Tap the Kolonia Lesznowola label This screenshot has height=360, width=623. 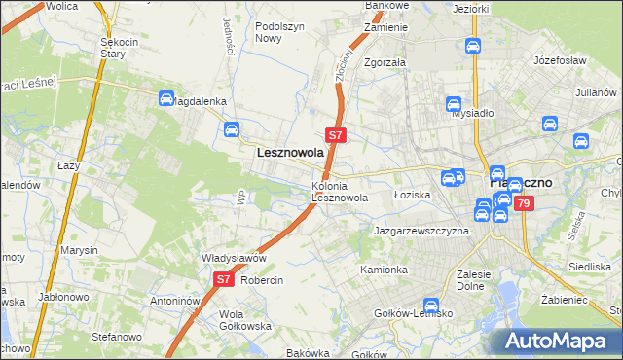339,192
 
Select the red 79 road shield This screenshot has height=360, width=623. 524,203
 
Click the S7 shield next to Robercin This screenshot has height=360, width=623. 223,279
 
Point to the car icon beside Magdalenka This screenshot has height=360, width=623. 165,98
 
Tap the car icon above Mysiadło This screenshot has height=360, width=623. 453,105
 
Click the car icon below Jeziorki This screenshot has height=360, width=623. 472,46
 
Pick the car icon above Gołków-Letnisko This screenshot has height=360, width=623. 431,306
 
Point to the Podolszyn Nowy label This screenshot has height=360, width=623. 275,33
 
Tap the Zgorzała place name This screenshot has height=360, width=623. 385,61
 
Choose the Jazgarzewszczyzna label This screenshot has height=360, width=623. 421,231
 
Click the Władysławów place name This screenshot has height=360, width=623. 234,258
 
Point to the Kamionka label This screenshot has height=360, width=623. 384,269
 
